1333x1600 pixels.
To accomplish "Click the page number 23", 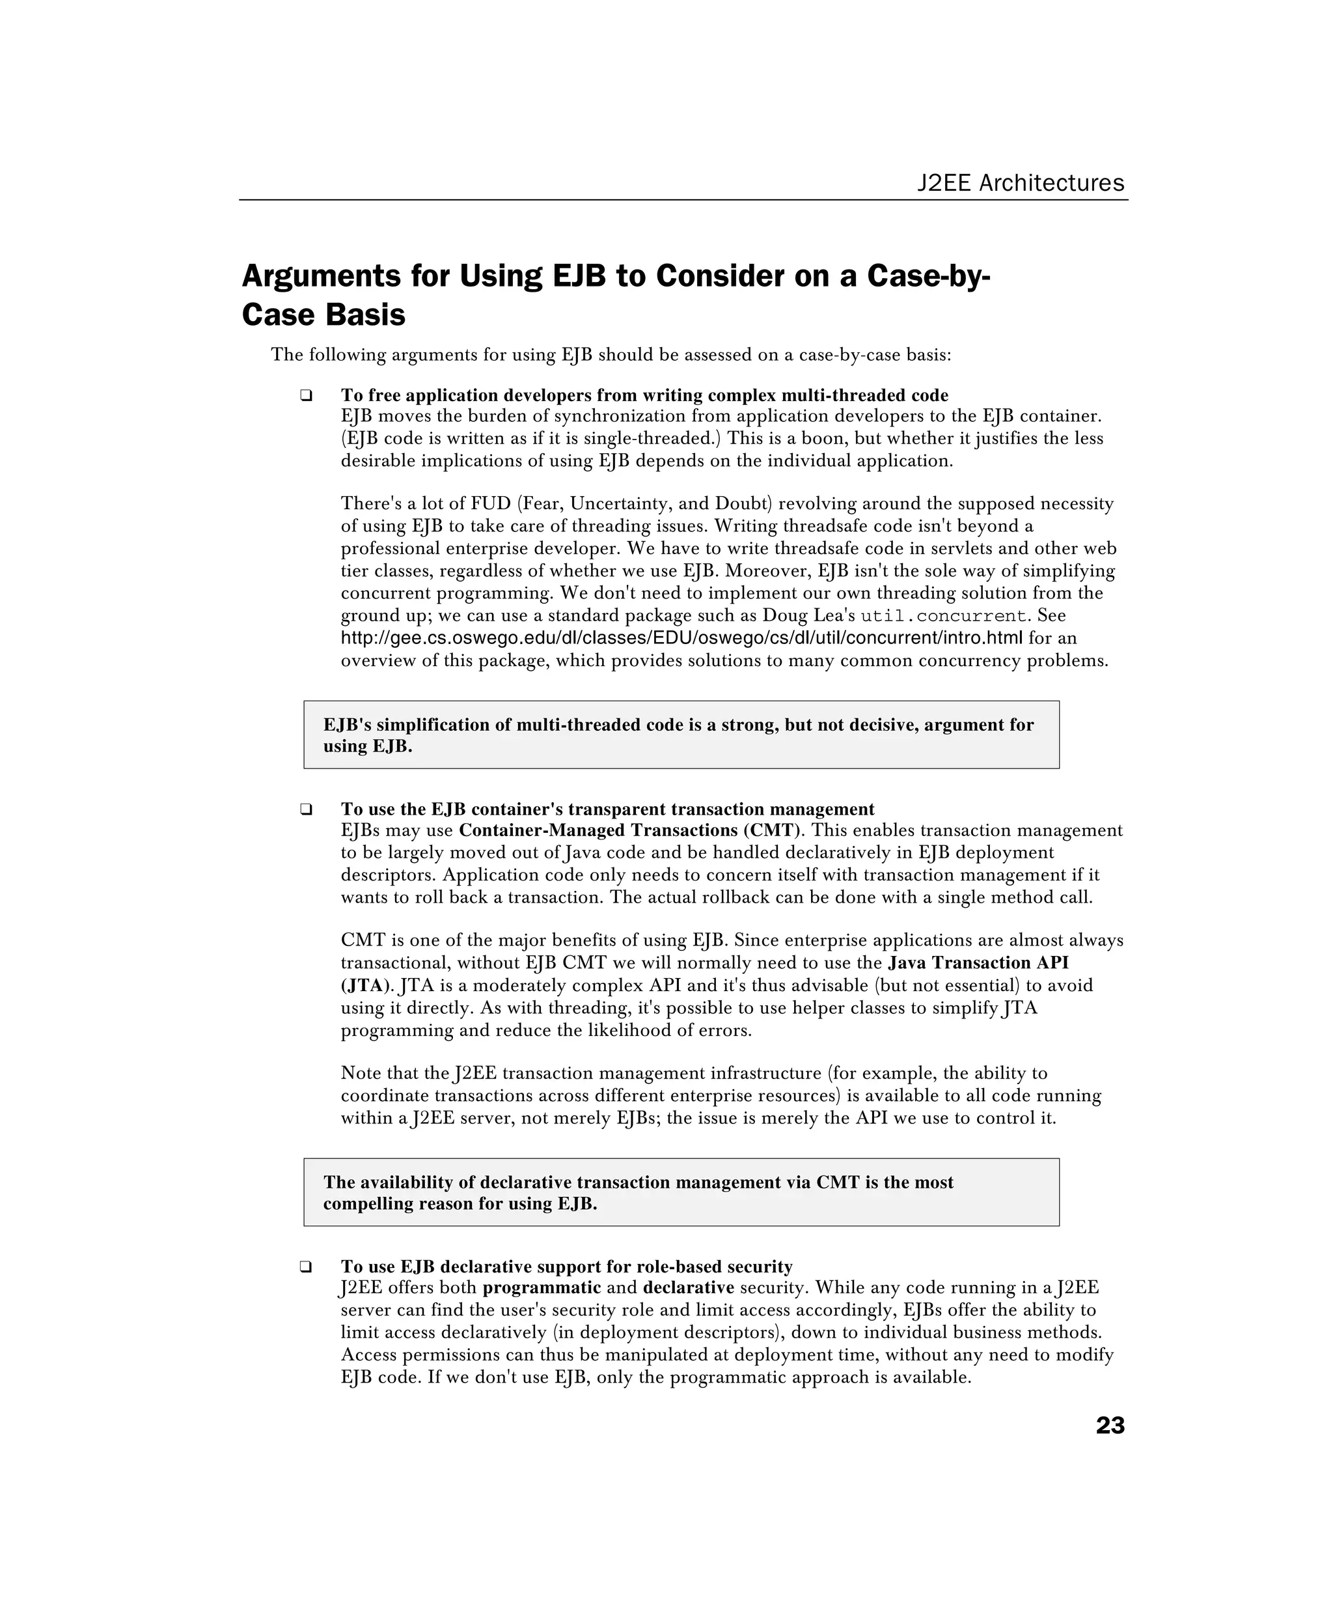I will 1109,1425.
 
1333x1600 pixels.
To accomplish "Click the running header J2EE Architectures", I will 1020,183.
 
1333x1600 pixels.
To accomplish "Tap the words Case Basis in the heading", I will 323,315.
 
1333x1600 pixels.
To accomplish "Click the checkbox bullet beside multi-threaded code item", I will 306,395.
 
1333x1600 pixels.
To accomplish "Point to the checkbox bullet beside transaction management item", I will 306,809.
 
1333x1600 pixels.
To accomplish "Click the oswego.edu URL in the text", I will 681,638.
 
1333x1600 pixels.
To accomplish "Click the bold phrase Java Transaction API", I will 978,963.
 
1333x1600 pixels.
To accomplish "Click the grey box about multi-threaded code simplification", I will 681,735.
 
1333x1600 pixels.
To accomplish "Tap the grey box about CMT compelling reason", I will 681,1192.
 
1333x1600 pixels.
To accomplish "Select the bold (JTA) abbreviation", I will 366,985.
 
